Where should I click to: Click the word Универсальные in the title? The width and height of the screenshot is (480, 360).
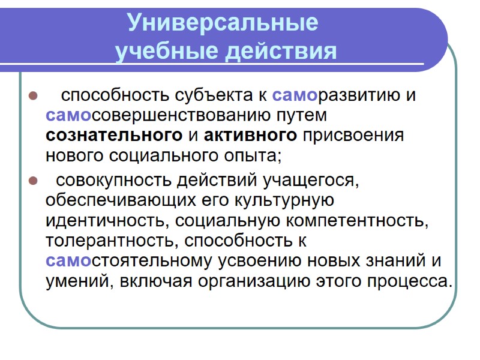point(222,23)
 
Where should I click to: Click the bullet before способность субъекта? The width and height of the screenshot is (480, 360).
point(34,96)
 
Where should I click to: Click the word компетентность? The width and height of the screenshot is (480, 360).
point(358,220)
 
